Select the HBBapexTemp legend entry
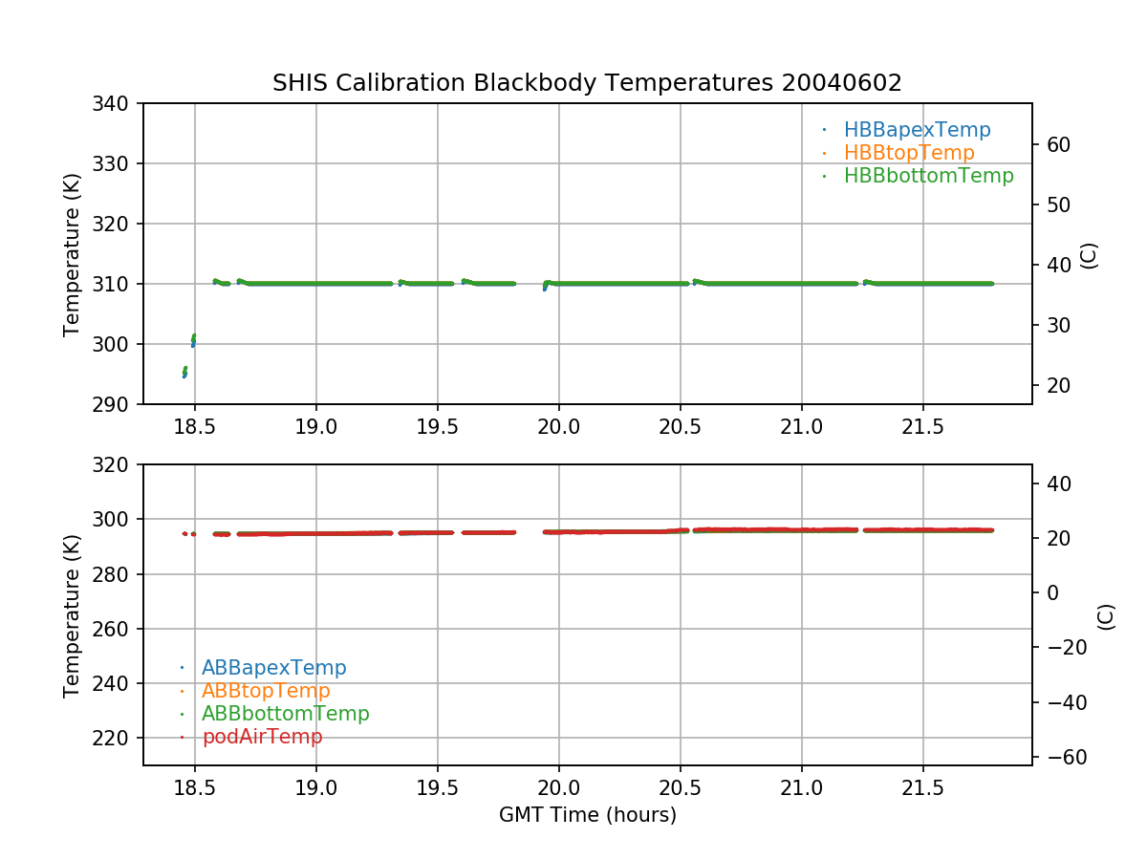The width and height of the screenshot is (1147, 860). (x=917, y=130)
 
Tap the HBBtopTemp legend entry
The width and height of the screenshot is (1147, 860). (x=908, y=153)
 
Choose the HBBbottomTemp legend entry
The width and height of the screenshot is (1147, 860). (x=928, y=176)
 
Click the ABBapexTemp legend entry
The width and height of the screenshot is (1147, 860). (x=273, y=668)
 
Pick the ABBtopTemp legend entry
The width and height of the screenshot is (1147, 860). (x=266, y=691)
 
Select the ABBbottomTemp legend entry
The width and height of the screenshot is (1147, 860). (x=285, y=714)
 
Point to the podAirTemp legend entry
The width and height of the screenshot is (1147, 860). (x=262, y=737)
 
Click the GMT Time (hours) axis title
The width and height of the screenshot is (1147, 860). (x=587, y=815)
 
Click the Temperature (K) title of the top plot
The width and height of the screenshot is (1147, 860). (x=72, y=254)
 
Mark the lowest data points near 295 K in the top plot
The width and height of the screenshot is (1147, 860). (x=184, y=374)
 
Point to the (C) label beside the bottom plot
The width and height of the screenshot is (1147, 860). (x=1106, y=615)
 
